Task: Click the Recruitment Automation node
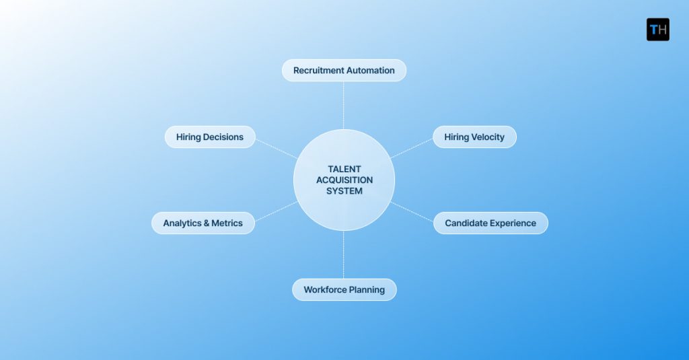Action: [x=344, y=71]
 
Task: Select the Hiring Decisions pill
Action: [x=210, y=137]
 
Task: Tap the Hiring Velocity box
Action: [x=474, y=137]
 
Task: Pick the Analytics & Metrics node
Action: [x=203, y=223]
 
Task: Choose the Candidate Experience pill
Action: [x=491, y=223]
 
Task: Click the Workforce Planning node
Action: [x=344, y=290]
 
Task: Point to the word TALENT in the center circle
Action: [x=344, y=170]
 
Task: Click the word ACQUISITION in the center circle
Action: [x=344, y=180]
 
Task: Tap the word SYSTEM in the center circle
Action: [x=344, y=191]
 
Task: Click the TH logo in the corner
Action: [x=657, y=30]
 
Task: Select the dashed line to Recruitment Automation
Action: [x=344, y=105]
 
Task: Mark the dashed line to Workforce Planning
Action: [x=344, y=255]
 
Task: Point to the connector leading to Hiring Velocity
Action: [x=411, y=149]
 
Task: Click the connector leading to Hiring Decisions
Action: [x=276, y=149]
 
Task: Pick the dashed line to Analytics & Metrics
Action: [x=275, y=211]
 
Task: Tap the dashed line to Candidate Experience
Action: [x=412, y=212]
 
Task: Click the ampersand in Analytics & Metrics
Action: [x=207, y=223]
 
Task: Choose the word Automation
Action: [x=370, y=71]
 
